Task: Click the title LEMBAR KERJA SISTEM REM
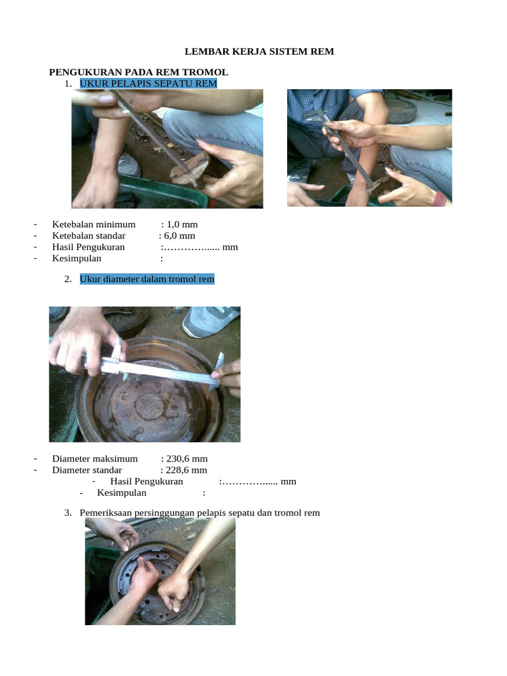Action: pyautogui.click(x=259, y=51)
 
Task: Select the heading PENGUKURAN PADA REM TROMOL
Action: pyautogui.click(x=139, y=72)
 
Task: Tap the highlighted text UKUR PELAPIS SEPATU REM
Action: pyautogui.click(x=149, y=83)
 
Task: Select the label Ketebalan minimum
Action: pyautogui.click(x=94, y=224)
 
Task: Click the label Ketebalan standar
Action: pyautogui.click(x=89, y=236)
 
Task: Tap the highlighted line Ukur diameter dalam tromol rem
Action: pyautogui.click(x=147, y=279)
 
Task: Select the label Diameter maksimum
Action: pyautogui.click(x=95, y=459)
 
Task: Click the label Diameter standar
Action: pyautogui.click(x=87, y=470)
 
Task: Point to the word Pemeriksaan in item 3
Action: pyautogui.click(x=106, y=512)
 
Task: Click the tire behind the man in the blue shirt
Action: pyautogui.click(x=401, y=110)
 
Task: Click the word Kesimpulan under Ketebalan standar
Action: pyautogui.click(x=77, y=258)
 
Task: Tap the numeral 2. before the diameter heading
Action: pyautogui.click(x=68, y=279)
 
